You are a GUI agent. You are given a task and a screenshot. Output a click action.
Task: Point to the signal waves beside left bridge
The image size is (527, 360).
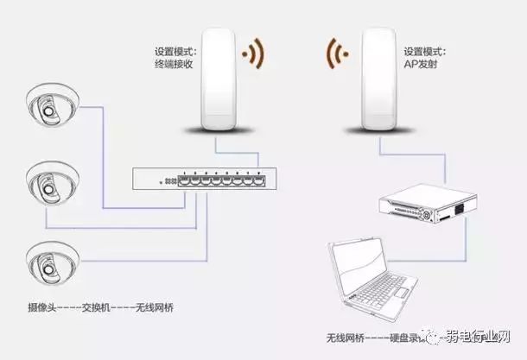(252, 54)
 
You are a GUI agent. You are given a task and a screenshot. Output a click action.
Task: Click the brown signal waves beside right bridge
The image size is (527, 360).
(338, 54)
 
